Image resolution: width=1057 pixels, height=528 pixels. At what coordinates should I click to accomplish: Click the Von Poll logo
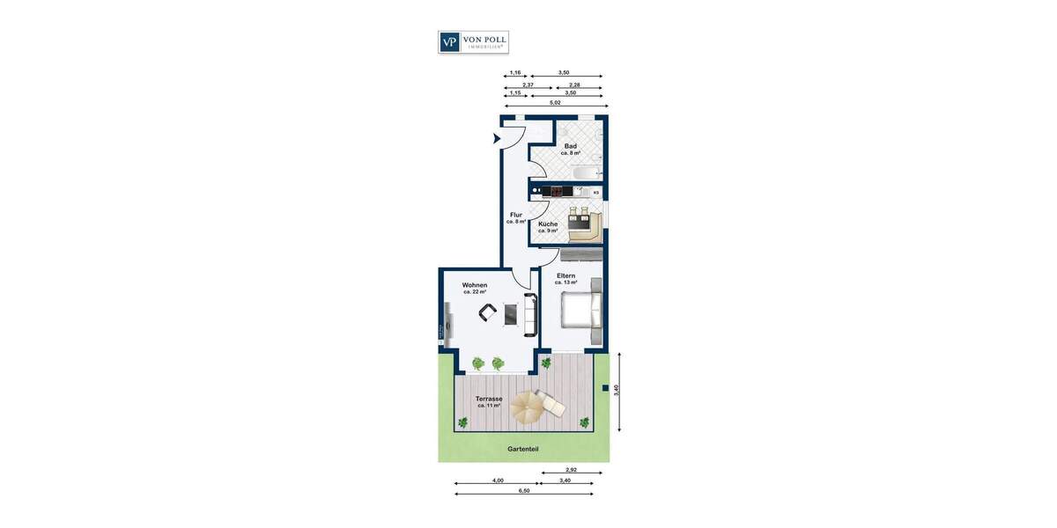[x=473, y=42]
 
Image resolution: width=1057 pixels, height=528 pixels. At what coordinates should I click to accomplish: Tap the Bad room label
[x=570, y=146]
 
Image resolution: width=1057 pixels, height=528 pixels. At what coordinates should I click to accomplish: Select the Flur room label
[x=516, y=215]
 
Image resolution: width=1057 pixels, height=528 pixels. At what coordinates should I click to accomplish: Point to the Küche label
[x=548, y=224]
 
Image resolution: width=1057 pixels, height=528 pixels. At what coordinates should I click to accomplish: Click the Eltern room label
[x=565, y=276]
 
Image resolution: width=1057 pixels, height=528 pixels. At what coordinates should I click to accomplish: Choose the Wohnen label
[x=475, y=285]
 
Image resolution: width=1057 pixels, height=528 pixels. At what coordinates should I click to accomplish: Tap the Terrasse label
[x=490, y=400]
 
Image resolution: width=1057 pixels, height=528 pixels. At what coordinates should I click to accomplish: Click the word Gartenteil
[x=522, y=449]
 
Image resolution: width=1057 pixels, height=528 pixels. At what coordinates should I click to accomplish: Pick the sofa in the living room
[x=530, y=315]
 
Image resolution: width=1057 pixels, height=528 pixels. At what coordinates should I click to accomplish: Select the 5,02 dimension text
[x=555, y=102]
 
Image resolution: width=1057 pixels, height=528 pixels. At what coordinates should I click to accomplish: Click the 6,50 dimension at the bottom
[x=524, y=490]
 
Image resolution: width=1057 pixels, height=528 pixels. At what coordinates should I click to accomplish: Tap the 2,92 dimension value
[x=571, y=470]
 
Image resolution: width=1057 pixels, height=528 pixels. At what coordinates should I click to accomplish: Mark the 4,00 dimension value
[x=498, y=480]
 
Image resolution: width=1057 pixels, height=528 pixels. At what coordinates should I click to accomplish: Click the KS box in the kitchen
[x=596, y=192]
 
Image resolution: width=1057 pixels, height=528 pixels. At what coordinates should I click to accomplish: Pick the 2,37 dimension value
[x=528, y=84]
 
